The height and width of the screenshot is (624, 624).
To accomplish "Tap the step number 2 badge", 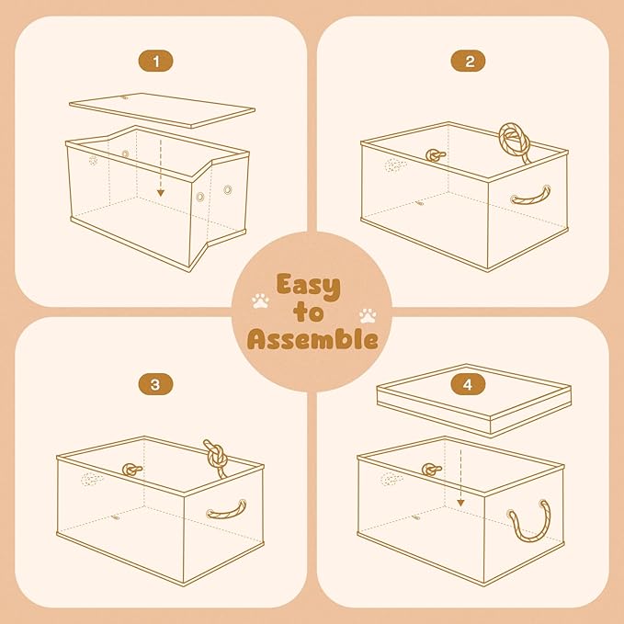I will point(469,62).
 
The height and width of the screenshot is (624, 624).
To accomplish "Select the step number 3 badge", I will point(154,384).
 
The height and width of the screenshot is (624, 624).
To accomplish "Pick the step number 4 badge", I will point(469,384).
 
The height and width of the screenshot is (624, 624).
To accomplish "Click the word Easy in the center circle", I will point(310,285).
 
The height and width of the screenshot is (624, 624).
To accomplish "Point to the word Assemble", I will point(312,340).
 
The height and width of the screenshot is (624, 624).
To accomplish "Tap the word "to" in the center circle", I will point(311,313).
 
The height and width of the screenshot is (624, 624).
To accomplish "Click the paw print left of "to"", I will point(260,301).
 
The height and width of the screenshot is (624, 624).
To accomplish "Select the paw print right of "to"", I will point(369,315).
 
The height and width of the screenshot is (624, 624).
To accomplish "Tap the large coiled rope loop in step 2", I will point(516,142).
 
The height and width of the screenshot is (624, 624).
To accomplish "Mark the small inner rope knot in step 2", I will point(433,156).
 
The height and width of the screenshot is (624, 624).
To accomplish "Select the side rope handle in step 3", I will point(227,508).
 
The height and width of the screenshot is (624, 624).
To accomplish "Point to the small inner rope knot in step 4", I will point(431,470).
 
